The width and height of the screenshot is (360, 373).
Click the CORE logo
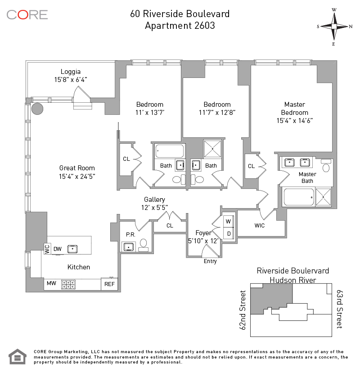[27, 15]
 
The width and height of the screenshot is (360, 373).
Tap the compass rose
[334, 27]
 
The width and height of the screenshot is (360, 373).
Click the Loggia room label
[71, 72]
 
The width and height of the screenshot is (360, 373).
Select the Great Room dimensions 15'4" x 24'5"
[77, 176]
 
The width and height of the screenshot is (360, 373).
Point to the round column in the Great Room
[37, 109]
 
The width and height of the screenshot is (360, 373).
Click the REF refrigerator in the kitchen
[109, 284]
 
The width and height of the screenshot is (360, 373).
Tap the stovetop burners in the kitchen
[68, 284]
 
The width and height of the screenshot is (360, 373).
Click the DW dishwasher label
[58, 249]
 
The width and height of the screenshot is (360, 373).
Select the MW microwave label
[51, 283]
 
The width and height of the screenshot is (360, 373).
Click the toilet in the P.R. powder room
[143, 245]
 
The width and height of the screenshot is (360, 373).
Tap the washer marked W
[228, 221]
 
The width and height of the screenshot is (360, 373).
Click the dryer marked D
[229, 233]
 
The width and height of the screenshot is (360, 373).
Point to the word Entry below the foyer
[210, 261]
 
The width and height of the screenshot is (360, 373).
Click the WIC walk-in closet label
[260, 226]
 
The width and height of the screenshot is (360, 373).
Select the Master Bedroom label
[295, 109]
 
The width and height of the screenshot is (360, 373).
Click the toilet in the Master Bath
[326, 165]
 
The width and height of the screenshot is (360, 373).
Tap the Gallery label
[154, 200]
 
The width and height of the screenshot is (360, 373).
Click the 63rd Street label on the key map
[340, 309]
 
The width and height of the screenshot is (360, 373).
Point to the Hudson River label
[293, 280]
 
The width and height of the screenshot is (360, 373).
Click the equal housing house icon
[18, 356]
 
